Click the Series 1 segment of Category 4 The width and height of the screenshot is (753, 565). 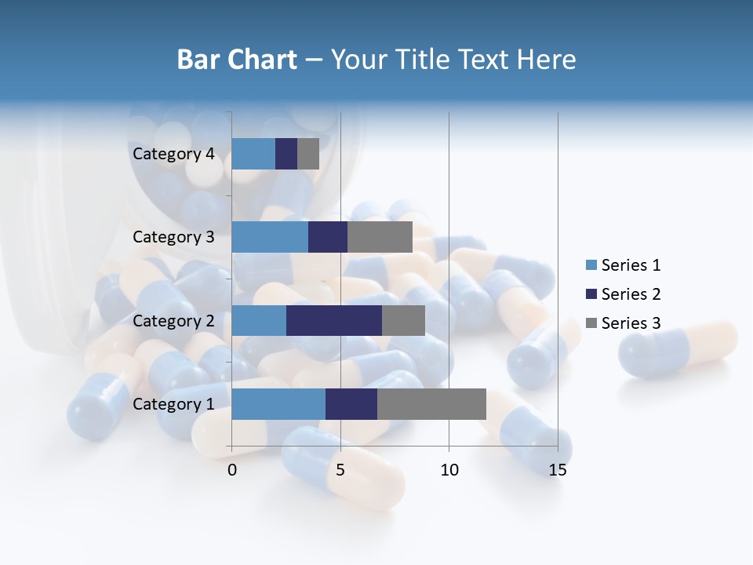(x=253, y=154)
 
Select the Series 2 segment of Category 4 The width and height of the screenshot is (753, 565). (x=286, y=154)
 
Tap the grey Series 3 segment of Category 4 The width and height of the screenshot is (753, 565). (x=308, y=154)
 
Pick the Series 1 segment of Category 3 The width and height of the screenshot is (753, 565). (x=270, y=237)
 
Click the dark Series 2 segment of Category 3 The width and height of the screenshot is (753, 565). (x=328, y=237)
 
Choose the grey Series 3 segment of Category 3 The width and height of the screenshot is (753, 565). (x=380, y=237)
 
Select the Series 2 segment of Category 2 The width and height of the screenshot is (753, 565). (x=334, y=320)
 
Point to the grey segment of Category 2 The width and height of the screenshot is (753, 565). (x=403, y=320)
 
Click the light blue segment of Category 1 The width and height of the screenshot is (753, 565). (x=278, y=404)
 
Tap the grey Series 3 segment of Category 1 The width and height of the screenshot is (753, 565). (x=431, y=404)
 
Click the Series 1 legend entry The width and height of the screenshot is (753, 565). (x=623, y=265)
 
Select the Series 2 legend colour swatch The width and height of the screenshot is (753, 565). (x=591, y=294)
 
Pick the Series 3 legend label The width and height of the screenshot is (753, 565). (x=631, y=323)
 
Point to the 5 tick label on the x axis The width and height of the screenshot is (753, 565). (x=340, y=470)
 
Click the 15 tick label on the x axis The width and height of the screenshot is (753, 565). (x=557, y=470)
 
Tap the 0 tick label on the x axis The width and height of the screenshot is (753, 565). (x=232, y=470)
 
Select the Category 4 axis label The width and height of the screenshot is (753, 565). (x=173, y=154)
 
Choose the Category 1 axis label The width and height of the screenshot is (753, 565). (x=173, y=404)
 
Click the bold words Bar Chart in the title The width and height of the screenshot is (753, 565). (x=237, y=60)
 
